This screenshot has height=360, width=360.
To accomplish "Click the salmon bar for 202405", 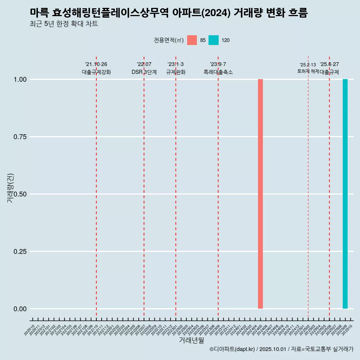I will pos(260,194).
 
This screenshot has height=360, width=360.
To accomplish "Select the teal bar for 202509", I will pos(345,194).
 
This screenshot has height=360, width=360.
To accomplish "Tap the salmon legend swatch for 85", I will pos(192,40).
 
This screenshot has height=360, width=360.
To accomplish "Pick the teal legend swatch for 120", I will pos(213,40).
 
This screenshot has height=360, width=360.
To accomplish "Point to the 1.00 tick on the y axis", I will pos(20,79).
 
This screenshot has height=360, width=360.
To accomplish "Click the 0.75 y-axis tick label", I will pos(20,137).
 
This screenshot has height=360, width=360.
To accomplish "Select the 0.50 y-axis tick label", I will pos(20,194).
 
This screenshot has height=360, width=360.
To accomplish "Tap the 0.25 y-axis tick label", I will pos(20,252).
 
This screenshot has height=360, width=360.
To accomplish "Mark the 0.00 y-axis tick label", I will pos(20,309).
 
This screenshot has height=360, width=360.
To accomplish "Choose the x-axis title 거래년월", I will pos(192,340).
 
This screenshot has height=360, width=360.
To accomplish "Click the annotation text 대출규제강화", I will pos(96,72).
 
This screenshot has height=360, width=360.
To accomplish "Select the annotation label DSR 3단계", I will pos(144,72).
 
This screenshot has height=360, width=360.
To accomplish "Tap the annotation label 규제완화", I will pos(176,72).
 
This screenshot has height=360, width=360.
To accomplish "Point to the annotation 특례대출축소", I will pos(218,72).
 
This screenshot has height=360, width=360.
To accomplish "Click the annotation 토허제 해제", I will pos(308,71).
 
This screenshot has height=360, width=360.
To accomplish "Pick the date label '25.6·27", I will pos(329,64).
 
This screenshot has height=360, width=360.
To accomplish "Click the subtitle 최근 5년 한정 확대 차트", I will pos(64,24).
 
